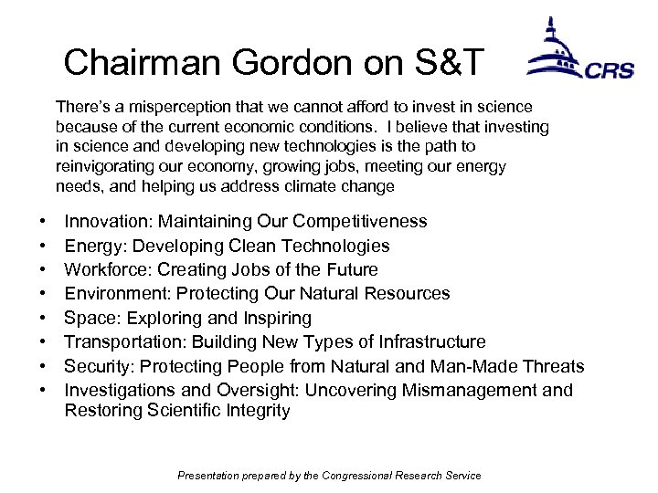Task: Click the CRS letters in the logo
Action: [x=610, y=71]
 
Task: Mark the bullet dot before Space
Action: [x=44, y=319]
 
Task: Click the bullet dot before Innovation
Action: [x=44, y=223]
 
